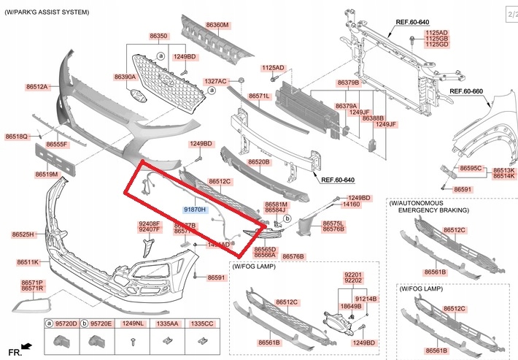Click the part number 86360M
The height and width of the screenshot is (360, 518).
[217, 25]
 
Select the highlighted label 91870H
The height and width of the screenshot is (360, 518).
[196, 210]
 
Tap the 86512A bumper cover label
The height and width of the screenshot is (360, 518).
[36, 87]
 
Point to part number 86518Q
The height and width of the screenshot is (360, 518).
[16, 137]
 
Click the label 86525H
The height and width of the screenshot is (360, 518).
[23, 235]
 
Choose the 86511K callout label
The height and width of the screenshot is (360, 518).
[28, 261]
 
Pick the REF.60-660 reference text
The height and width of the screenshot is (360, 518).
[466, 91]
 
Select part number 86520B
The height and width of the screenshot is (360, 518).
[258, 162]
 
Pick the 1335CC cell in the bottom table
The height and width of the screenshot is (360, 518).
[202, 322]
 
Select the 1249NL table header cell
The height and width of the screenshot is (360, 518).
[132, 322]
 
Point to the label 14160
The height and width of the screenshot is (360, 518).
[352, 205]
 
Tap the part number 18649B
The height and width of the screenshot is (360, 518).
[351, 306]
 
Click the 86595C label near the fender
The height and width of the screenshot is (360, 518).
[471, 168]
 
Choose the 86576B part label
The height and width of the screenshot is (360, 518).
[293, 256]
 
